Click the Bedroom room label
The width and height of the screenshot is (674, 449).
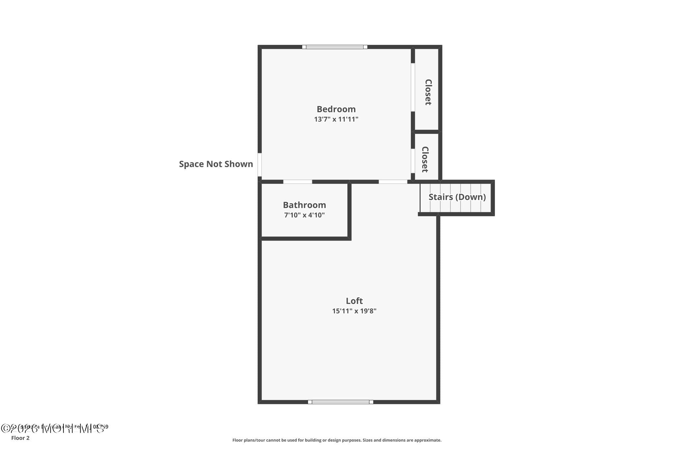[336, 109]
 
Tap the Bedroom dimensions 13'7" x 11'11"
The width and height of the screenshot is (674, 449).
[336, 119]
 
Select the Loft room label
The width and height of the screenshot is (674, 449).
[354, 301]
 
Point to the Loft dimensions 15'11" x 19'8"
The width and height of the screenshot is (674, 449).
[354, 311]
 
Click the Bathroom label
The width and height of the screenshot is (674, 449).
[304, 205]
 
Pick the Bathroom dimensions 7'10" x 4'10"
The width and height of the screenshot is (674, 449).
[304, 215]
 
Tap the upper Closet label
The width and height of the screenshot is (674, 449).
[428, 92]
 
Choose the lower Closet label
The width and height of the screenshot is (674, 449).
[425, 160]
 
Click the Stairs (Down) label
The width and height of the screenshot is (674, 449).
[457, 197]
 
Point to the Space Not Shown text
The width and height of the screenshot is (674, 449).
[216, 164]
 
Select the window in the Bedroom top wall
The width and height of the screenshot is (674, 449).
[335, 47]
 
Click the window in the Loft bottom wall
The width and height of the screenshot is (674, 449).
[340, 402]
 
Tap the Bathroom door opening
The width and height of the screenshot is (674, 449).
[298, 182]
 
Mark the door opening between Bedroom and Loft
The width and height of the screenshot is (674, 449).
[393, 182]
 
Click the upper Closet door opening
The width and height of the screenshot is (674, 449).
[413, 87]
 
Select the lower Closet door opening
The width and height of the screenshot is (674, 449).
[413, 161]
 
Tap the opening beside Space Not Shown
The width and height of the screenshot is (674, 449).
[260, 165]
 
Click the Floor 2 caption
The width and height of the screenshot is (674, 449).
[20, 438]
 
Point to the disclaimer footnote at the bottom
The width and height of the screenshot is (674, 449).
[337, 440]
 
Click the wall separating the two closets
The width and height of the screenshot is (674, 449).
[427, 132]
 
